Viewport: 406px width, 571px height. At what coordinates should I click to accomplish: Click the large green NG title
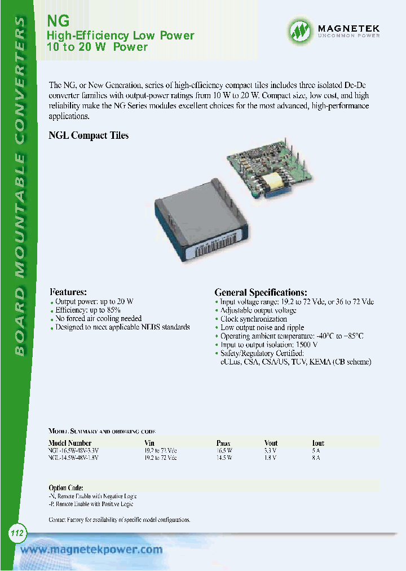58,20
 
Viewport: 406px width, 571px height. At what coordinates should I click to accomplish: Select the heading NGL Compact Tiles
89,135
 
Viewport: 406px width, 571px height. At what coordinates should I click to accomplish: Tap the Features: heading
68,292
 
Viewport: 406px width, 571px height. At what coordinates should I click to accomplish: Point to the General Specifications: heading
261,292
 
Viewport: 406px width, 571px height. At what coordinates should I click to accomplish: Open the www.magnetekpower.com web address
91,550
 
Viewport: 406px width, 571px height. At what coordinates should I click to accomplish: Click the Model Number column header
70,443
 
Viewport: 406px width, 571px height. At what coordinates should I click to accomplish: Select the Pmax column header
223,443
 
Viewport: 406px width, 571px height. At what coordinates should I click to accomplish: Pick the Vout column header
271,443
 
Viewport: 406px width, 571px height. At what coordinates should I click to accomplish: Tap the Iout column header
318,443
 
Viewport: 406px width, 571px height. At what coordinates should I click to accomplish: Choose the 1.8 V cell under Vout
270,458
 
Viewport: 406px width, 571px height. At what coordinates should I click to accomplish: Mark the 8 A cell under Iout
316,458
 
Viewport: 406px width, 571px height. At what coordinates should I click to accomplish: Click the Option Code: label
66,487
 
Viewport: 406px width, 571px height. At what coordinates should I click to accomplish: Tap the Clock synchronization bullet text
254,319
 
